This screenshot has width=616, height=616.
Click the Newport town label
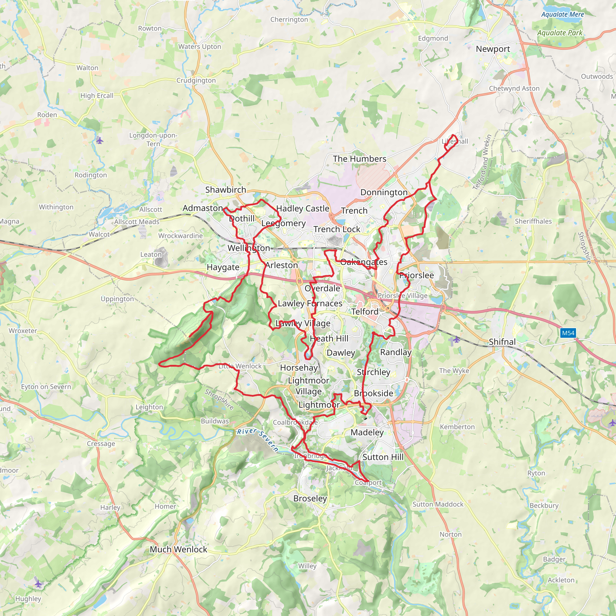(x=493, y=49)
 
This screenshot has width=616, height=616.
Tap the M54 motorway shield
(x=568, y=333)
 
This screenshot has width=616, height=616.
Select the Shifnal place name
(x=502, y=342)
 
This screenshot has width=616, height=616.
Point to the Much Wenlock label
(x=179, y=549)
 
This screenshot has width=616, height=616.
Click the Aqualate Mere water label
(x=562, y=14)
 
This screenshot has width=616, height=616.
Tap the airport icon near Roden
(x=100, y=140)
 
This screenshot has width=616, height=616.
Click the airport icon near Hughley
(x=38, y=584)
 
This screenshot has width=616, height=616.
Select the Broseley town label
(x=310, y=498)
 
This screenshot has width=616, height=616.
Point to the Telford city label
(x=365, y=312)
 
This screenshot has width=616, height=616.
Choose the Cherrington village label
(x=289, y=20)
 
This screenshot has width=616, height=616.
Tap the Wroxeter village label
(x=23, y=331)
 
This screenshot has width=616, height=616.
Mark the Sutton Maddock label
(x=438, y=504)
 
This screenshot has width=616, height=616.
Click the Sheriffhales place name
(x=533, y=221)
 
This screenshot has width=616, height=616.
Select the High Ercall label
(x=97, y=96)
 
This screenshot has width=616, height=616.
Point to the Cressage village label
(x=101, y=444)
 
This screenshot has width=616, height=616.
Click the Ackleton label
(x=561, y=580)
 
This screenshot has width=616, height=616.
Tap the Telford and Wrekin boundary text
(x=483, y=163)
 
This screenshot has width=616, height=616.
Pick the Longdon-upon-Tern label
(x=153, y=139)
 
